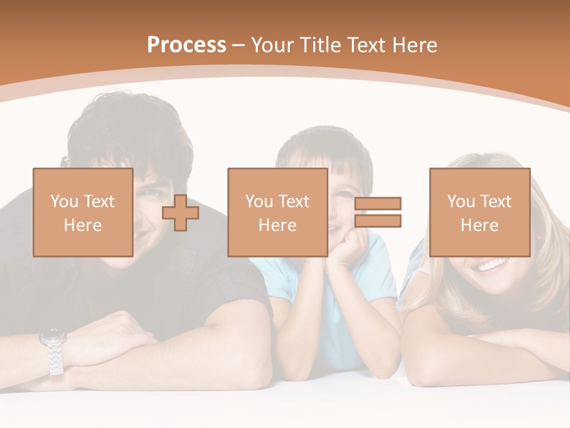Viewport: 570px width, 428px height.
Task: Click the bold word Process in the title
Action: click(x=186, y=45)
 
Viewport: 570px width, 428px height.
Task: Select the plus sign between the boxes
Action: click(x=180, y=212)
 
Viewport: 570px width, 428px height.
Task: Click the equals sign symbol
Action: click(x=378, y=212)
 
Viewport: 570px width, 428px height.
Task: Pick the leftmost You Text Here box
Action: click(x=83, y=212)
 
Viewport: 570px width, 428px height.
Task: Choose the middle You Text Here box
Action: click(x=278, y=212)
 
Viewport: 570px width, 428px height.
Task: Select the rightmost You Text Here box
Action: click(x=480, y=212)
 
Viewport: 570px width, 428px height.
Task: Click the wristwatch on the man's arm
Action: click(x=53, y=351)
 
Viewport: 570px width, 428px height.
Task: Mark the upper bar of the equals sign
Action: click(x=378, y=203)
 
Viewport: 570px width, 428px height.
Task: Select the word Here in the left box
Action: click(x=83, y=225)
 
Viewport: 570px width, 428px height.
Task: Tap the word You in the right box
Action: click(x=460, y=202)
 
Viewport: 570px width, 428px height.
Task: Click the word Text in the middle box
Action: click(x=293, y=202)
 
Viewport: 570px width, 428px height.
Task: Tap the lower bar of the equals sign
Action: click(x=378, y=221)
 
